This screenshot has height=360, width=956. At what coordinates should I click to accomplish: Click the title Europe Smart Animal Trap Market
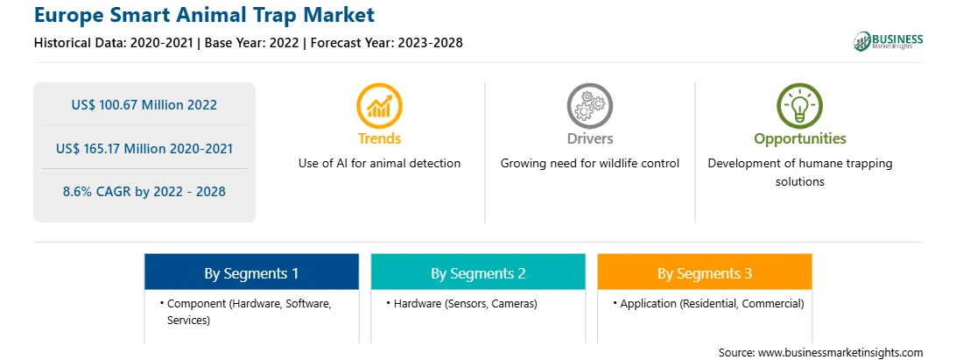click(204, 15)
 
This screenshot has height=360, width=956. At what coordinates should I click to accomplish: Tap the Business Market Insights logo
click(888, 41)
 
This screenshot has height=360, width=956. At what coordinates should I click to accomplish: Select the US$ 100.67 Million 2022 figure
click(144, 104)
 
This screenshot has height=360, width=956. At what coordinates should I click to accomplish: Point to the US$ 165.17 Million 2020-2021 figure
click(144, 148)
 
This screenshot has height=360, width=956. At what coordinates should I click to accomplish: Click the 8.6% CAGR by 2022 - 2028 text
click(144, 192)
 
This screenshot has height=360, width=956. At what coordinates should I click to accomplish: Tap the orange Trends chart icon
click(379, 106)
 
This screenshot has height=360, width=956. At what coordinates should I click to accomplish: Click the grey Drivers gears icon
click(589, 106)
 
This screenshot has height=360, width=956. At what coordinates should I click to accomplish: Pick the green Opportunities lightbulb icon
click(800, 106)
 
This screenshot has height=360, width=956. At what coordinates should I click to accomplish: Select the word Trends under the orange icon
click(379, 138)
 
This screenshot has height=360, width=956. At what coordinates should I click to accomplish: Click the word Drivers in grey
click(589, 138)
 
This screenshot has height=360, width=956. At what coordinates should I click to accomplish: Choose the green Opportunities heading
click(800, 139)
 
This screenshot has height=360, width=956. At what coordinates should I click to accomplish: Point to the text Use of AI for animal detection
click(379, 164)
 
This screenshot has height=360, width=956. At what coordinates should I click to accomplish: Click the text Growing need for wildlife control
click(589, 164)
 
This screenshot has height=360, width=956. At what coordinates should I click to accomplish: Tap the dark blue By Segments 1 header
click(252, 272)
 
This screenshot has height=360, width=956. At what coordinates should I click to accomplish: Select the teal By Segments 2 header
click(478, 272)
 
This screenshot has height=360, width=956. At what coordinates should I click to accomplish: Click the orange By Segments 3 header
click(705, 272)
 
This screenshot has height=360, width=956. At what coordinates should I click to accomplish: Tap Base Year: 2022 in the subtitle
click(252, 43)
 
